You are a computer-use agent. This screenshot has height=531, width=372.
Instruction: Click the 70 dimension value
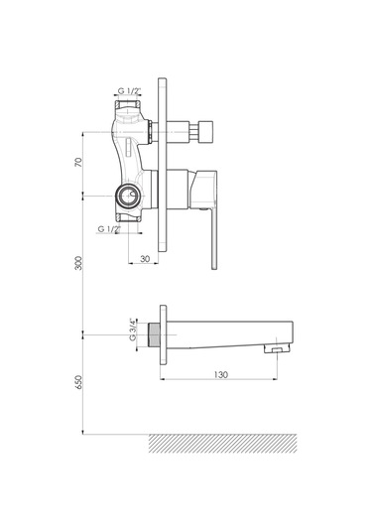[x=78, y=162]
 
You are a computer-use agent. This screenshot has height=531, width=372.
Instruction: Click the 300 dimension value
[x=78, y=263]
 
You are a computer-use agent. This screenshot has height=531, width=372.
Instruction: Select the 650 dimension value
[x=78, y=382]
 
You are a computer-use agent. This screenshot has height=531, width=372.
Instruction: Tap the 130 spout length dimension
[x=221, y=374]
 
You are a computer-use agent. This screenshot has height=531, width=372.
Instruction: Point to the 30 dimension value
[x=145, y=259]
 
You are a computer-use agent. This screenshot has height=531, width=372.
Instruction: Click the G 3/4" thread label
[x=132, y=329]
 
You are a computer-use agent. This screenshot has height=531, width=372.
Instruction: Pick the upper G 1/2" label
[x=129, y=90]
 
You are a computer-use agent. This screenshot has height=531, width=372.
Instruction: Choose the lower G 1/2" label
[x=109, y=229]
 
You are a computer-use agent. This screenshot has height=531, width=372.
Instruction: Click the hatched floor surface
[x=223, y=443]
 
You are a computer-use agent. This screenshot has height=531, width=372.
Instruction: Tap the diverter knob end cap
[x=206, y=131]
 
